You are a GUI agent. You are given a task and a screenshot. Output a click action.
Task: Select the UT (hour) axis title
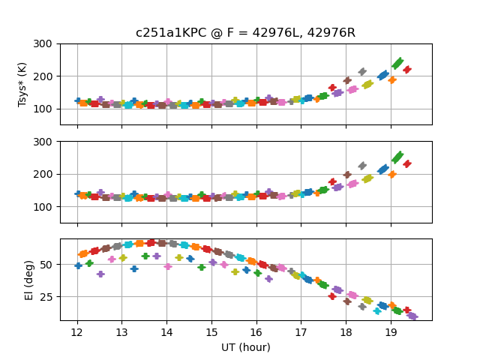245,347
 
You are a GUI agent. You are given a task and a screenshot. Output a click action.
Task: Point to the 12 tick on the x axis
77,332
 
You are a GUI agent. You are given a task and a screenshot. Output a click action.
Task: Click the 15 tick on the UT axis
211,332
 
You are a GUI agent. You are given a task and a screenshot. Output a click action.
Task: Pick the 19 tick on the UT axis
391,332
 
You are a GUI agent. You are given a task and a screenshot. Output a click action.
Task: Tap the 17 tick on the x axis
301,332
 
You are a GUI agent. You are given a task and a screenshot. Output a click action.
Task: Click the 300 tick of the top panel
45,44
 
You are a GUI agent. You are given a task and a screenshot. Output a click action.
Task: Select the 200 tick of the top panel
45,76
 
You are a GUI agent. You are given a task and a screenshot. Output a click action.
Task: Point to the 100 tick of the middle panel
45,207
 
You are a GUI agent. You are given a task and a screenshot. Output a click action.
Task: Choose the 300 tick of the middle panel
45,142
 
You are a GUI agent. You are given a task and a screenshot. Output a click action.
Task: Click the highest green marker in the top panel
398,64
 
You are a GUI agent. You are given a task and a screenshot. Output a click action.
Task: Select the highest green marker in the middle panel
398,157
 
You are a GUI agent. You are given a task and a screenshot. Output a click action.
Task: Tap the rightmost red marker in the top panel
406,70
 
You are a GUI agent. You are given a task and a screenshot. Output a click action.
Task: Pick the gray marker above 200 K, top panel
362,72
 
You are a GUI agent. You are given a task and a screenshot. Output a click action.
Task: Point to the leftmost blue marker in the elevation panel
78,265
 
